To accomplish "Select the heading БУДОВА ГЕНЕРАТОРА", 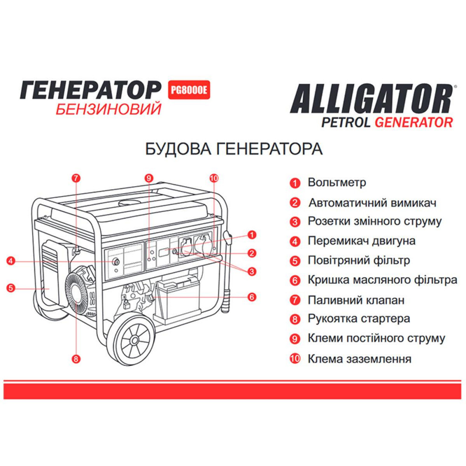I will click(x=234, y=150).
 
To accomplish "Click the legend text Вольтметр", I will click(x=337, y=183).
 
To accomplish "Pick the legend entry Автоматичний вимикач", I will click(x=372, y=203).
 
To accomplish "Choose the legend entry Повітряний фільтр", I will click(x=359, y=260).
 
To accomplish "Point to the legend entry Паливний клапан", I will click(x=356, y=300).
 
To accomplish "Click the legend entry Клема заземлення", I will click(x=359, y=359).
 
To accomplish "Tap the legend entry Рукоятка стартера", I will click(x=359, y=319).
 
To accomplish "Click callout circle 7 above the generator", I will click(x=77, y=178).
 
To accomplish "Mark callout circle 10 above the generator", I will click(x=214, y=178).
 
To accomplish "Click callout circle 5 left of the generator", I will click(x=11, y=288).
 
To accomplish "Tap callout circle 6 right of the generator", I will click(x=252, y=296).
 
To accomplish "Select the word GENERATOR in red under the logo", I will click(x=414, y=123).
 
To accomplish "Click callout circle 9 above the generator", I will click(x=149, y=178).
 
